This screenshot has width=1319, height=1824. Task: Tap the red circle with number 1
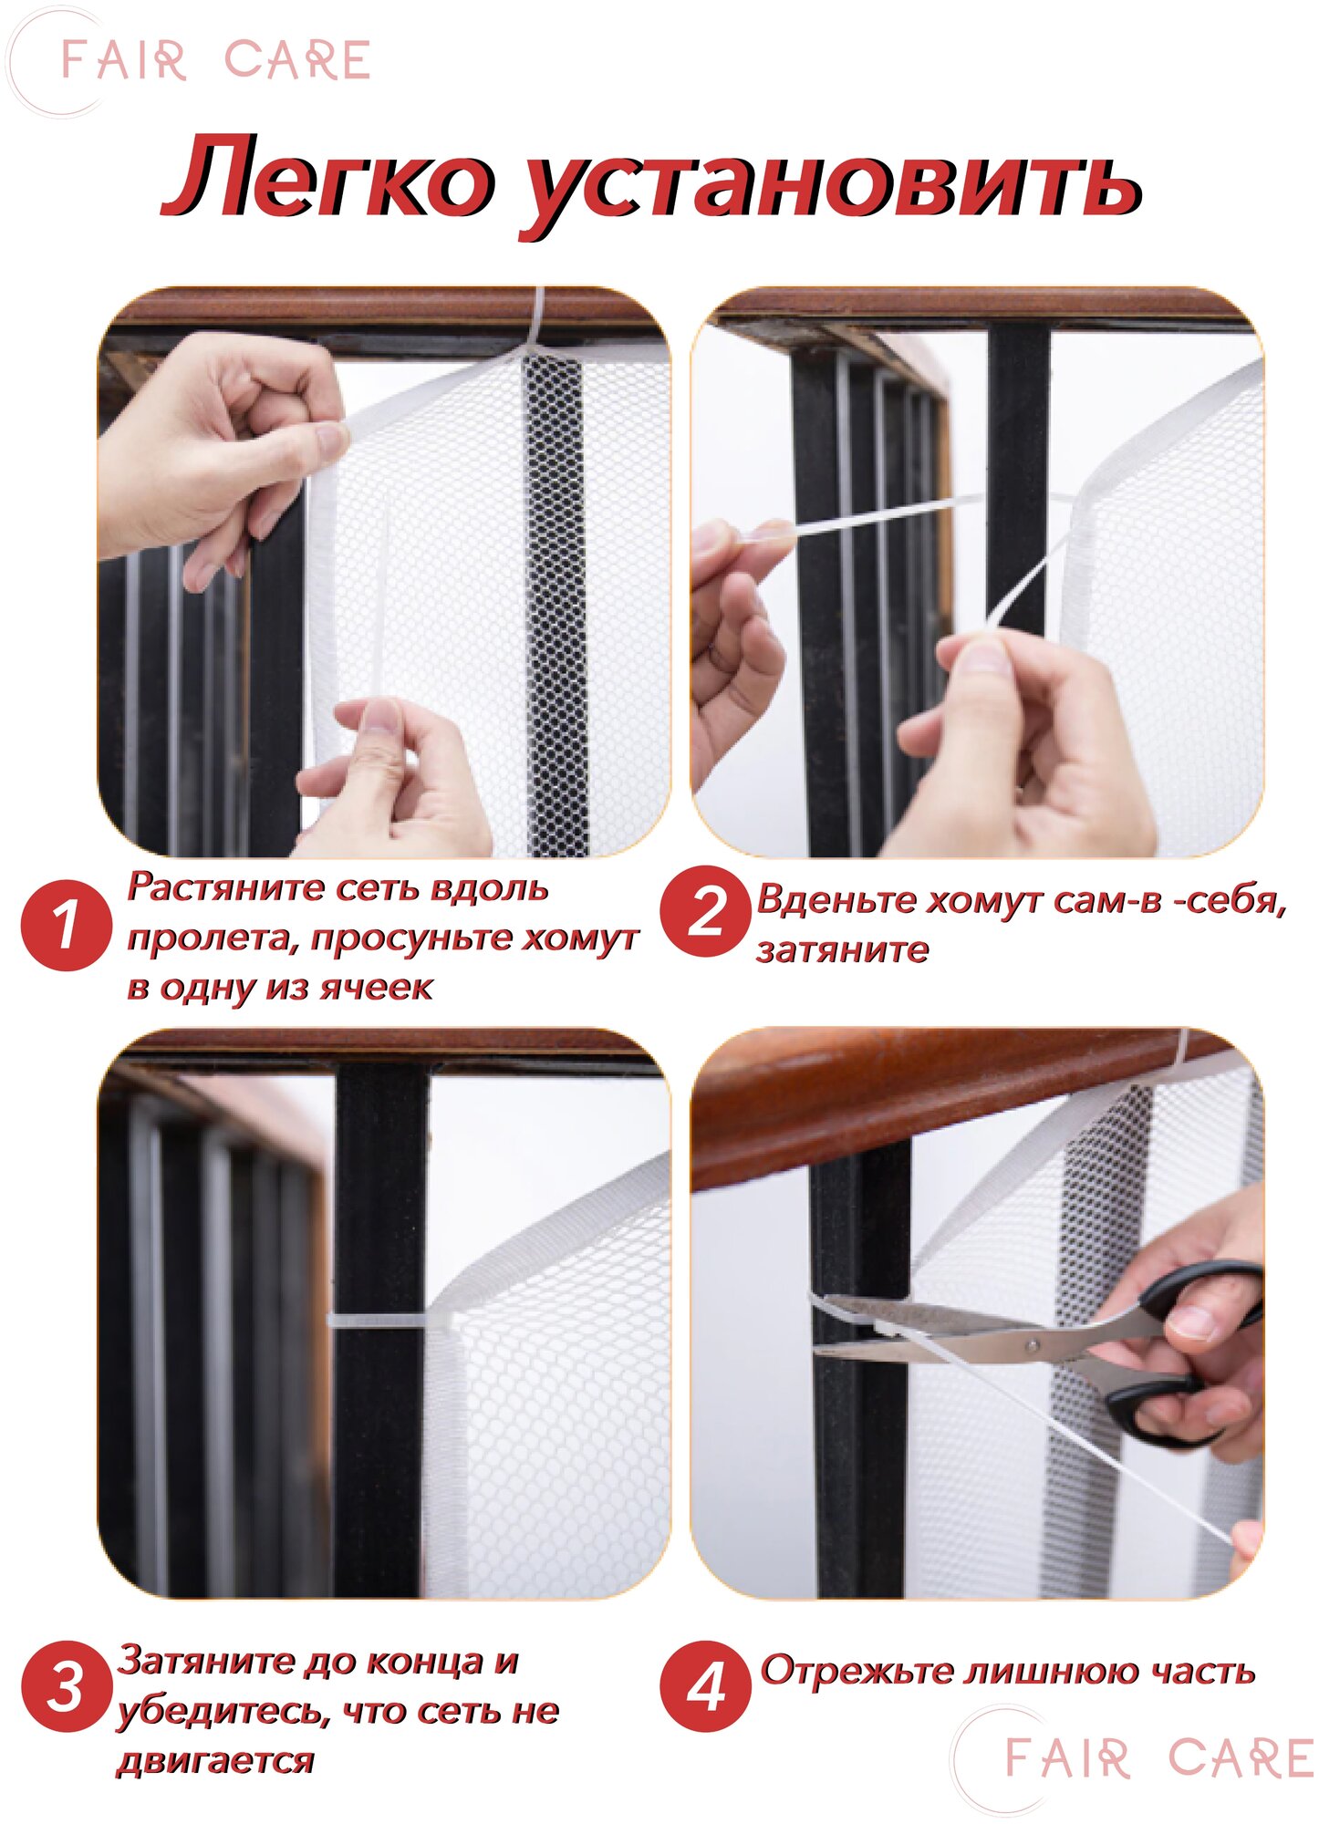pos(66,925)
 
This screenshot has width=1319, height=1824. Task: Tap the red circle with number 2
pos(706,911)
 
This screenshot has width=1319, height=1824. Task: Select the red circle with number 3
pos(66,1686)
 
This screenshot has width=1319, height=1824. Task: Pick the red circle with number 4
pos(706,1686)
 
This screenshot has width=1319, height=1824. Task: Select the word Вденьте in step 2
pos(836,900)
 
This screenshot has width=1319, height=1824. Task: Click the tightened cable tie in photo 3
pos(387,1321)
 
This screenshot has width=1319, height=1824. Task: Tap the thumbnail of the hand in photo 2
pos(983,655)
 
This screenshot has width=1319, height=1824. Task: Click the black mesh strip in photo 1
pos(555,602)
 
